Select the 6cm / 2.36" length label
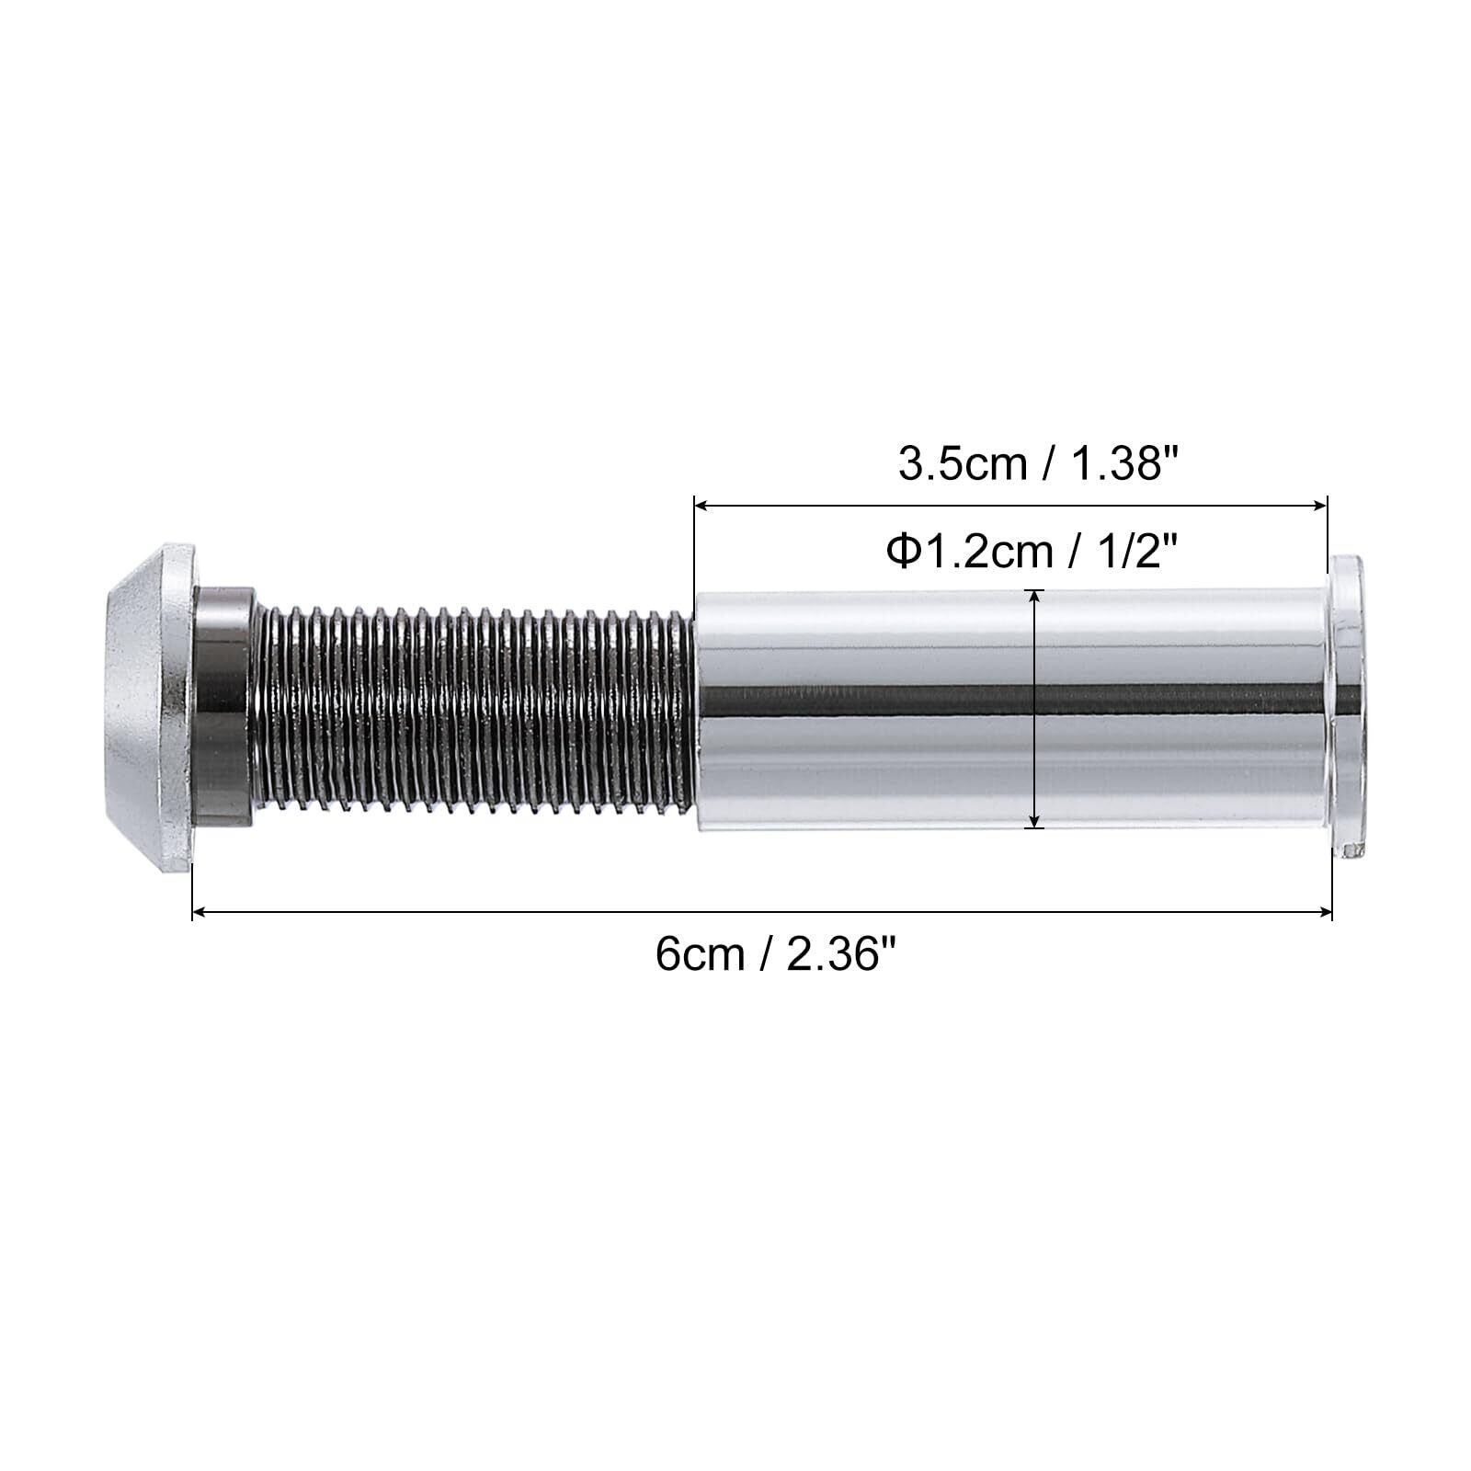pyautogui.click(x=775, y=954)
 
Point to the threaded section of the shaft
pyautogui.click(x=473, y=709)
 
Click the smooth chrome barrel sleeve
pyautogui.click(x=1011, y=711)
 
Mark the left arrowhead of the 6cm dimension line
pyautogui.click(x=198, y=912)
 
